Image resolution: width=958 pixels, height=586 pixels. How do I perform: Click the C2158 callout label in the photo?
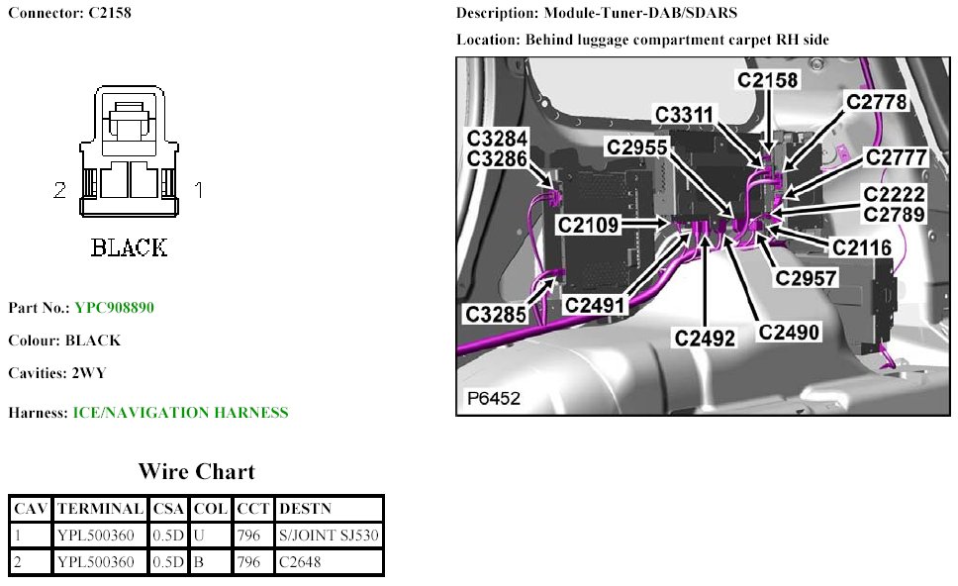[768, 80]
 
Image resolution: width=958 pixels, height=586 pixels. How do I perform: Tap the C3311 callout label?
[685, 115]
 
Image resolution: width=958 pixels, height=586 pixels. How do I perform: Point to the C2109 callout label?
[589, 226]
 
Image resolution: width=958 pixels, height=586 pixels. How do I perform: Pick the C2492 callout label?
[706, 338]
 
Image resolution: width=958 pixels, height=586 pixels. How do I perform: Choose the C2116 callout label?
[861, 248]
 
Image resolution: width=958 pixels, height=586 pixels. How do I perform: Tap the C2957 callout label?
[807, 278]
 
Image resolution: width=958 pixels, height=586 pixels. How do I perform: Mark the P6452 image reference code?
[493, 399]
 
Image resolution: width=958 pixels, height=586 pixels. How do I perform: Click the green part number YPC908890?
[114, 308]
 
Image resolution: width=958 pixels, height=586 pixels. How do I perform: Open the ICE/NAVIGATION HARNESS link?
[181, 413]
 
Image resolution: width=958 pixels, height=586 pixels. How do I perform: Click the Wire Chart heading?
[196, 471]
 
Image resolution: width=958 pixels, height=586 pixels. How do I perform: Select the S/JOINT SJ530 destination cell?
[329, 536]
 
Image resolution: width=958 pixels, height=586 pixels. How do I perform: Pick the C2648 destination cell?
[299, 562]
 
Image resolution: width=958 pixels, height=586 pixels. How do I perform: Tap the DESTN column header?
[305, 509]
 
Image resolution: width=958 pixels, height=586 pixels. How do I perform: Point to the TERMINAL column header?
[100, 509]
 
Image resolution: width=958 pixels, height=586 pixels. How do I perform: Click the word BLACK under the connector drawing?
[129, 247]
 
